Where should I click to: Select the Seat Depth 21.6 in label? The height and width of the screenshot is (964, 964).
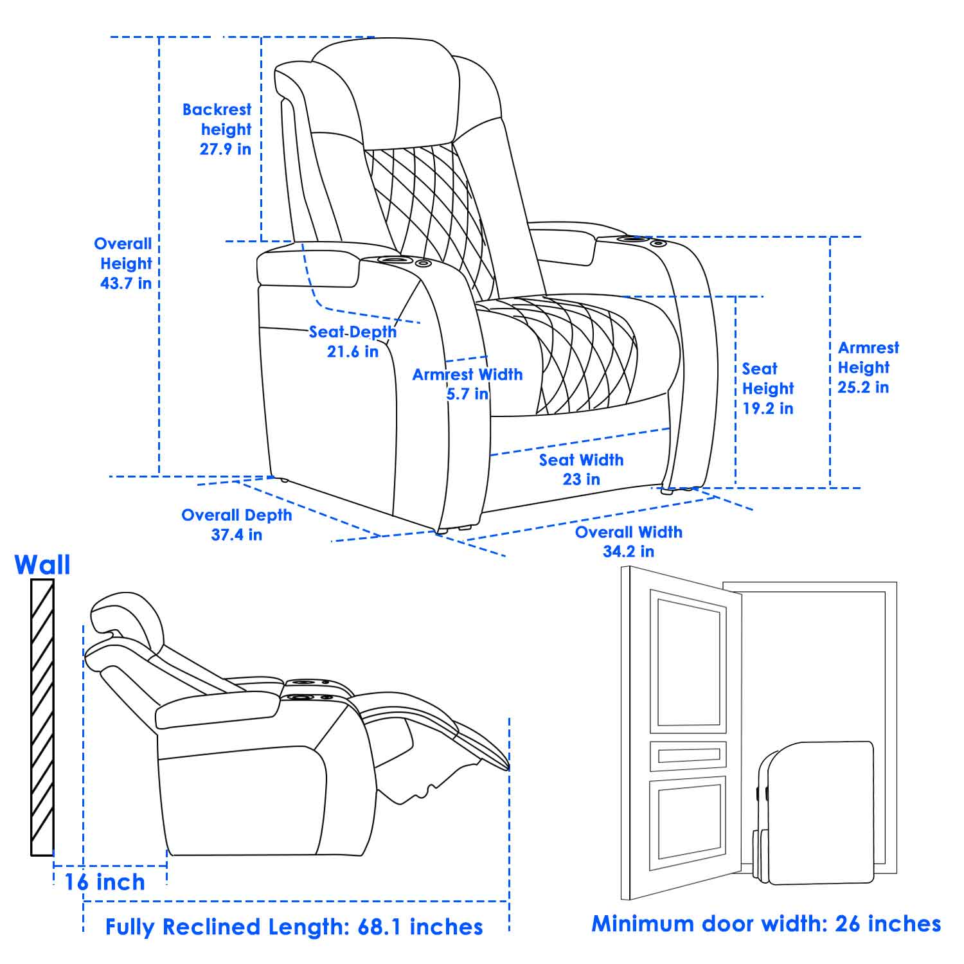coord(353,342)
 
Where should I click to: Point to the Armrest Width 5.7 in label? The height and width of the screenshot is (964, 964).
coord(467,384)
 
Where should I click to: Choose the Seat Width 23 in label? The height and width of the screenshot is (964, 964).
coord(581,469)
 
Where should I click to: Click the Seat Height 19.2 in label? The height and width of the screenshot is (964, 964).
coord(768,388)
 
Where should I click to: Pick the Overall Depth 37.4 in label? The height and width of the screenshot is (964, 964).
coord(237,524)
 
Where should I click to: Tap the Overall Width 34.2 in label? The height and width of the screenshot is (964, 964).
coord(629,541)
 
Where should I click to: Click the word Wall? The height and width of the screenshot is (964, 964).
coord(42,565)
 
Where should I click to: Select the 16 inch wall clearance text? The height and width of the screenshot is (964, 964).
coord(105,882)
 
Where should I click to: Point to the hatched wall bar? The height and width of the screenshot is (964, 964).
coord(42,717)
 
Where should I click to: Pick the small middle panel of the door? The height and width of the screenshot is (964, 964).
coord(688,756)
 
